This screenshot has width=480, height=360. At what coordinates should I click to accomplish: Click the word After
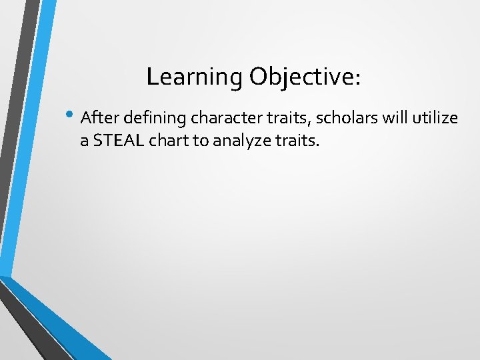point(97,118)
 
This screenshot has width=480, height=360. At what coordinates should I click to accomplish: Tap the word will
point(391,118)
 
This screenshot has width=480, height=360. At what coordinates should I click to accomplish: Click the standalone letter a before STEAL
point(85,141)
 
